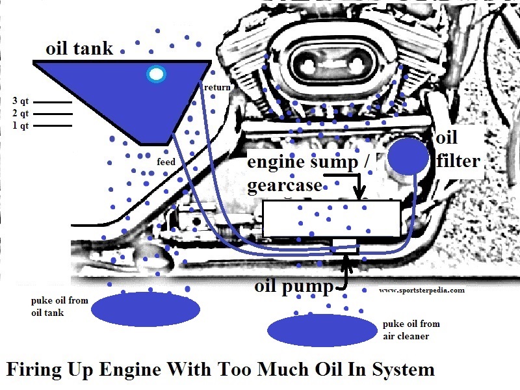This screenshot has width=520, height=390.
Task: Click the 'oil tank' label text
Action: coord(79,49)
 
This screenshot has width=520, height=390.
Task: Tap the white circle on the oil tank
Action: coord(156,74)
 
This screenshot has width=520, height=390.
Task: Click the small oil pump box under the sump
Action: coord(344,244)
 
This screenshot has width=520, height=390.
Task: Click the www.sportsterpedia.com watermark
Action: coord(422,291)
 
